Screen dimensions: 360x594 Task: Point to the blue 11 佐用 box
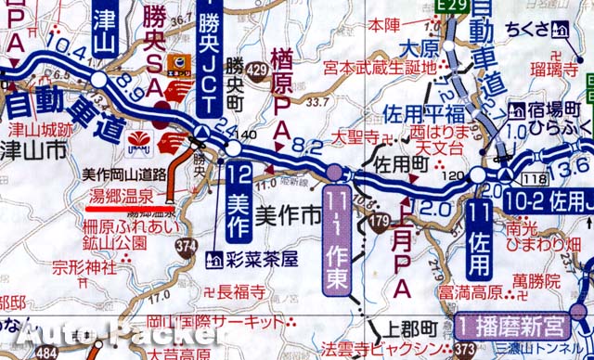pos(479,238)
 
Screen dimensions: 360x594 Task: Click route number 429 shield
pos(259,71)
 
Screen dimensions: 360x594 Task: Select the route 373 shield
pos(464,349)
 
